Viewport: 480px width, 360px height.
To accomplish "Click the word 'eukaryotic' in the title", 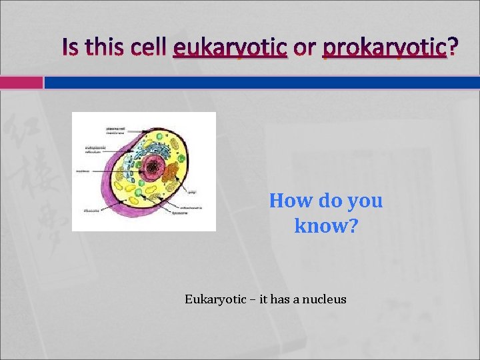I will coord(229,47).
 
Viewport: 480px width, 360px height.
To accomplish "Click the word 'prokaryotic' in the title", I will coord(383,47).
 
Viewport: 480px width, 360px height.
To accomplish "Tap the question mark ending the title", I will coord(453,47).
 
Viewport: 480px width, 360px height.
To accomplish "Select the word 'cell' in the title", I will coord(145,47).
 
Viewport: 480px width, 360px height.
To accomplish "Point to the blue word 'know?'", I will coord(326,227).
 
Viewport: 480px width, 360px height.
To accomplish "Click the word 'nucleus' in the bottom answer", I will coord(325,299).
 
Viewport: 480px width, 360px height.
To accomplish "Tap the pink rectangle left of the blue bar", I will coord(21,83).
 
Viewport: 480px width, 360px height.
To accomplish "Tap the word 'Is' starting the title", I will coord(71,47).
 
